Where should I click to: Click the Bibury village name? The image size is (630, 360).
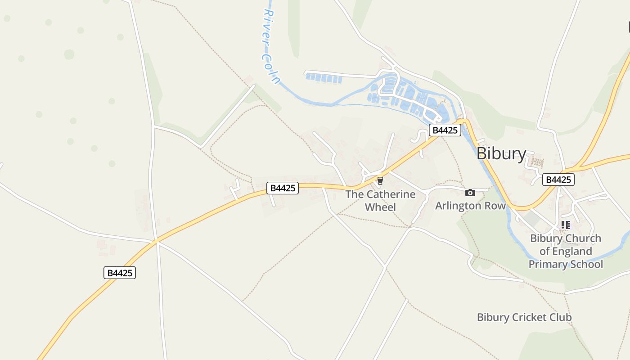tap(501, 153)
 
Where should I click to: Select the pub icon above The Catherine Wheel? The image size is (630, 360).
tap(380, 181)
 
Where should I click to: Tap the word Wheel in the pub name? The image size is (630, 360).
tap(380, 207)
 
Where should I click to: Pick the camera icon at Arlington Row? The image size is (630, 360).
tap(470, 193)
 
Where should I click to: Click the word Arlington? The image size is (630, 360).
tap(458, 206)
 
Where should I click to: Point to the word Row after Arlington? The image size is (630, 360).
tap(495, 206)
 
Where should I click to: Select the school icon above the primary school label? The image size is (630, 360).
tap(566, 225)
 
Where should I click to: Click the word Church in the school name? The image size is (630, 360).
tap(583, 238)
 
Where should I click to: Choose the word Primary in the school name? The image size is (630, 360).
tap(545, 264)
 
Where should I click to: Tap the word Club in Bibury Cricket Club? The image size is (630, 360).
tap(561, 317)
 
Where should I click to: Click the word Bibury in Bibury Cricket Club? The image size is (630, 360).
tap(493, 317)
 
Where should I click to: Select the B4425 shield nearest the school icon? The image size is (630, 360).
tap(558, 180)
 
